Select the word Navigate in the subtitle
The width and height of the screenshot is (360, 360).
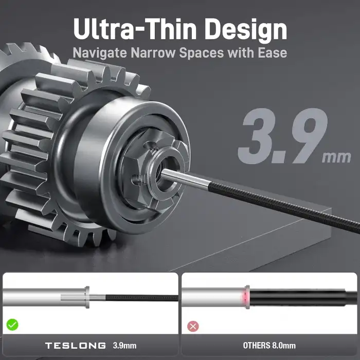[x=98, y=53]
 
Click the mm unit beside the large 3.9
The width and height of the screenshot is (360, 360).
[x=336, y=157]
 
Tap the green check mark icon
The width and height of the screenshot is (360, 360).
[x=12, y=325]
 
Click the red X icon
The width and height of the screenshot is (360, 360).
[x=193, y=326]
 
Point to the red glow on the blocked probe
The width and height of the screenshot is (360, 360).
[x=248, y=297]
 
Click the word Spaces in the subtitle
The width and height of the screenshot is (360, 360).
[x=201, y=53]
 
